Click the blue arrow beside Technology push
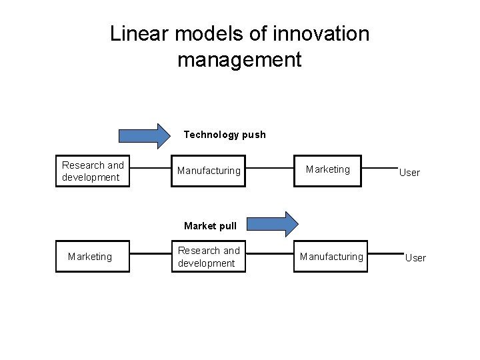tap(144, 135)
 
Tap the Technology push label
tap(225, 135)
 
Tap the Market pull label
tap(210, 226)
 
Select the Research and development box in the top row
tap(93, 171)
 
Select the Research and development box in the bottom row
tap(209, 257)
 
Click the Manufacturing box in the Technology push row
tap(209, 171)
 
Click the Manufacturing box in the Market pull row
tap(331, 257)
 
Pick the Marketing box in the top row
tap(327, 170)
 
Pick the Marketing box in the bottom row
tap(90, 257)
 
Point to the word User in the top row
tap(409, 173)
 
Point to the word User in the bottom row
tap(415, 258)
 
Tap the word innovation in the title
tap(321, 33)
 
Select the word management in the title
tap(239, 60)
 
